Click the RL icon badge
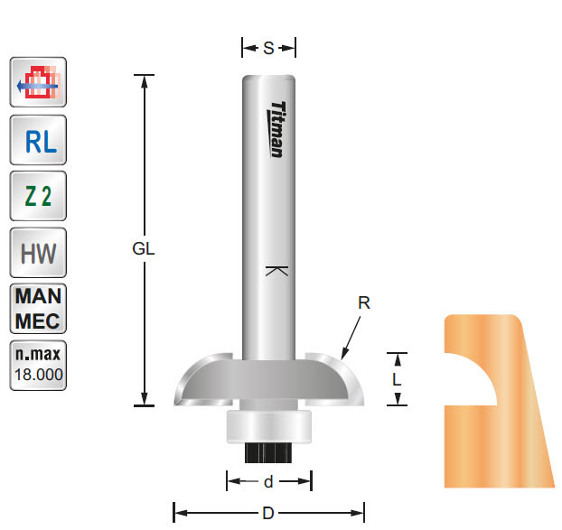tap(37, 141)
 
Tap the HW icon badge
tap(37, 253)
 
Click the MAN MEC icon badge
tap(37, 309)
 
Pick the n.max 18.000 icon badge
tap(37, 365)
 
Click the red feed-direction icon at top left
tap(37, 85)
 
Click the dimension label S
tap(268, 49)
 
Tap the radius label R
tap(364, 304)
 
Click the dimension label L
tap(397, 380)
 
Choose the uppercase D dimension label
tap(268, 514)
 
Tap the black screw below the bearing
tap(268, 451)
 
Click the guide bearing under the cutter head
tap(268, 425)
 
